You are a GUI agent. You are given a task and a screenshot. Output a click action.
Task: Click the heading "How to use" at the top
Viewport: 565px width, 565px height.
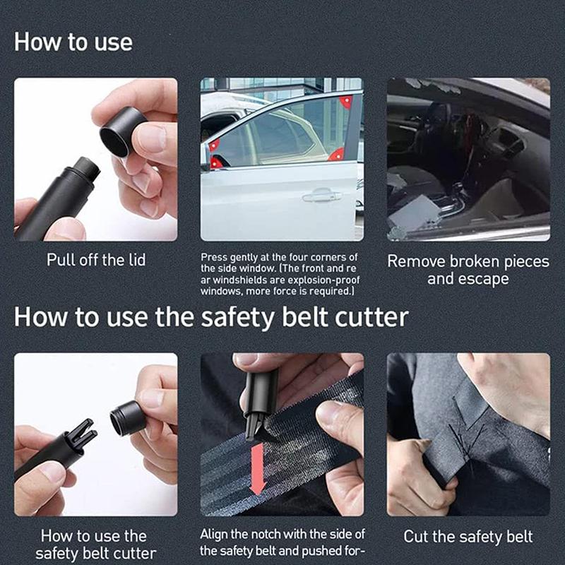[73, 42]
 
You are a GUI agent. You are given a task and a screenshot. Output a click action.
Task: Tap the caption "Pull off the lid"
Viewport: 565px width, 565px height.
[96, 260]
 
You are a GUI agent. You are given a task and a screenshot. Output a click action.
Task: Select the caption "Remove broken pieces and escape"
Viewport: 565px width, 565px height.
[468, 270]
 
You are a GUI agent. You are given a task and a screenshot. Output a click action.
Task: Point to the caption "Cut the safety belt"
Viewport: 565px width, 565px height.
[468, 537]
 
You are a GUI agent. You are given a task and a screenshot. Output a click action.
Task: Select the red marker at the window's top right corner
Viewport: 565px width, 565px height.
[346, 102]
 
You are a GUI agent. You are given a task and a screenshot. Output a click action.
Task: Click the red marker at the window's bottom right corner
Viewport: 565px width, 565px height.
[337, 153]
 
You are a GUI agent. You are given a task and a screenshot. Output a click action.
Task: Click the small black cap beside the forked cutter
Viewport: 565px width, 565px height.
[128, 419]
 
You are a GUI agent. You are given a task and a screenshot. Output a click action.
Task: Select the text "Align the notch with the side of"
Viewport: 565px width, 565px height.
[281, 535]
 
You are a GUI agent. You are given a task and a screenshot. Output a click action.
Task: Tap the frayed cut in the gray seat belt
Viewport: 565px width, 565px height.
[463, 441]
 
